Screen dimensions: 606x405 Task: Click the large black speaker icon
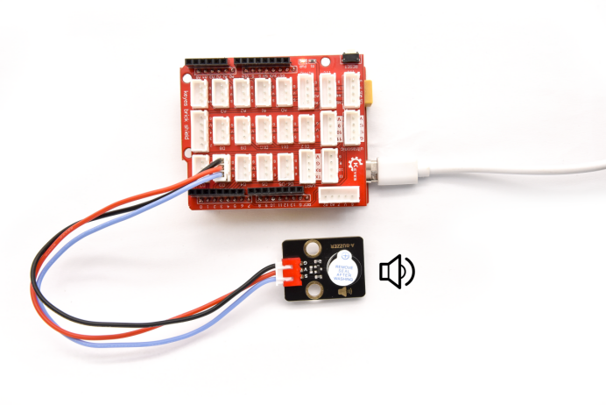coord(396,272)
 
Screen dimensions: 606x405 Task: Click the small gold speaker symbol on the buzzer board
coord(342,291)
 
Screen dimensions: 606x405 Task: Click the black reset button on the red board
coord(350,59)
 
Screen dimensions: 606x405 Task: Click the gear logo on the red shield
coord(356,164)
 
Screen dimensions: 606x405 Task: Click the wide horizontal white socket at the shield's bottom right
coord(334,195)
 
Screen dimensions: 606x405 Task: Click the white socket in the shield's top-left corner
coord(201,91)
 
